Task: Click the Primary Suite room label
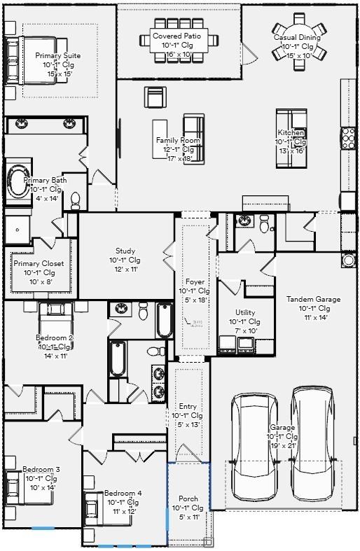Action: tap(57, 56)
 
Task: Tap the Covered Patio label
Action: tap(178, 35)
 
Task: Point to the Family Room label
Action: tap(178, 141)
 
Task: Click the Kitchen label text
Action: tap(291, 133)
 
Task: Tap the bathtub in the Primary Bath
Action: tap(18, 181)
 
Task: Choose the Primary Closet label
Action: tap(39, 264)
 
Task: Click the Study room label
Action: tap(125, 251)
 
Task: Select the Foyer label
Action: tap(194, 282)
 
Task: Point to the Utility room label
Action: tap(245, 313)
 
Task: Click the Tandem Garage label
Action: tap(313, 300)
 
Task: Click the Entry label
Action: tap(188, 407)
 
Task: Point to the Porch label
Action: tap(188, 499)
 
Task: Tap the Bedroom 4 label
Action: tap(123, 494)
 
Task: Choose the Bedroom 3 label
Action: tap(41, 470)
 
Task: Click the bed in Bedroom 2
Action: tap(55, 322)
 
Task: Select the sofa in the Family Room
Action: tap(195, 139)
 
